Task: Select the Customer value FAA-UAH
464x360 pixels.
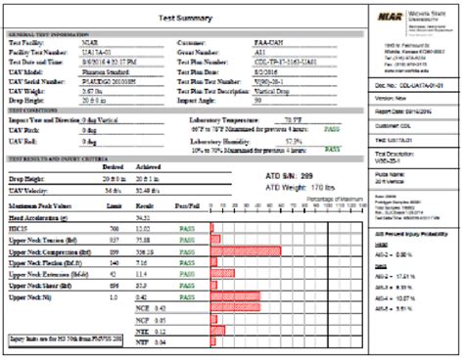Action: [x=267, y=44]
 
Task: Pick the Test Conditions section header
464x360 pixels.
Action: [x=39, y=109]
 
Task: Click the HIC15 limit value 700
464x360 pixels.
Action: [x=114, y=227]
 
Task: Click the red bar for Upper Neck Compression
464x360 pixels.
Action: [x=246, y=250]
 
